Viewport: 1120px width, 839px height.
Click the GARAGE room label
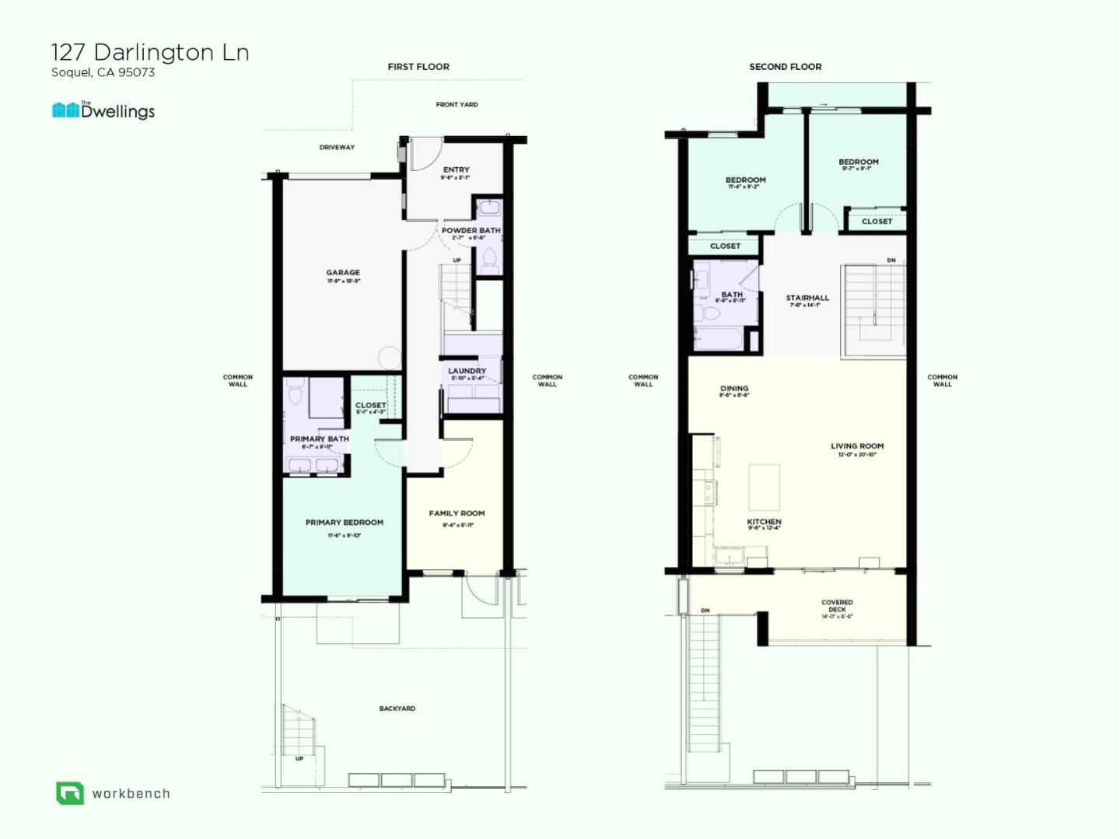(x=343, y=273)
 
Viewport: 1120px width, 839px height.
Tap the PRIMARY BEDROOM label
(x=344, y=523)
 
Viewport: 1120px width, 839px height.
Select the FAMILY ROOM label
(x=457, y=513)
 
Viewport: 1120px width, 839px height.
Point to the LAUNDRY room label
(x=467, y=371)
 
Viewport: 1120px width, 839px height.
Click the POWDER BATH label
(x=471, y=231)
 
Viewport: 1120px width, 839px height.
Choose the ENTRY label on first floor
(x=456, y=170)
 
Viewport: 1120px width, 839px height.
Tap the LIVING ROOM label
(x=857, y=446)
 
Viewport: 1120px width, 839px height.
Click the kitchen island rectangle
(x=764, y=487)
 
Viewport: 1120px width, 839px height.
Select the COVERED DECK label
(x=837, y=606)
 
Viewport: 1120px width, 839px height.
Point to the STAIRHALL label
(x=807, y=298)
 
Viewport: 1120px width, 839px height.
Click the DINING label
(x=734, y=388)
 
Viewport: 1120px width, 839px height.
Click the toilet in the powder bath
(x=489, y=260)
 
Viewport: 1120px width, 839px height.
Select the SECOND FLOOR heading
(x=785, y=67)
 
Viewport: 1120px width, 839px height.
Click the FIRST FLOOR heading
(x=418, y=67)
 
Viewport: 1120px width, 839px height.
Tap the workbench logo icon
(x=69, y=793)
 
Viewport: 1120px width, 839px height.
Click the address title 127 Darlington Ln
(x=150, y=52)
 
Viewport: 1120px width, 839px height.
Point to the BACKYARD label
(x=397, y=708)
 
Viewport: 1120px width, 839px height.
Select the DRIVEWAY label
(x=337, y=147)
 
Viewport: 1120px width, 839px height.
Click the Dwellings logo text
(x=117, y=111)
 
